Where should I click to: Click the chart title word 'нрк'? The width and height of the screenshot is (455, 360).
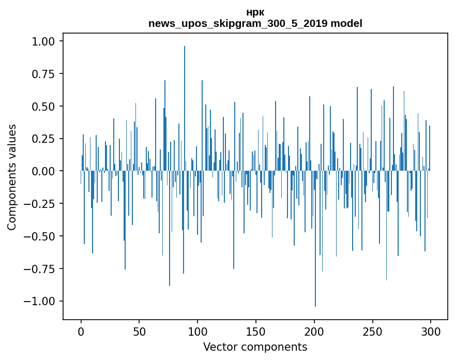tap(255, 13)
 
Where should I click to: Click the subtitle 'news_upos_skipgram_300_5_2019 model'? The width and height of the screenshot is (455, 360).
tap(255, 24)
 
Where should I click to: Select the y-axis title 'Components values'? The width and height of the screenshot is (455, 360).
tap(12, 177)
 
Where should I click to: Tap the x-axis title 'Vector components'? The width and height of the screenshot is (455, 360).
tap(255, 347)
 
